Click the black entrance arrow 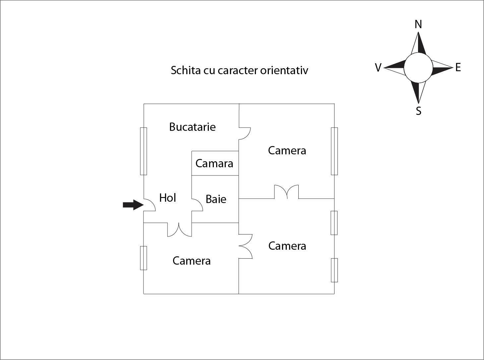133,205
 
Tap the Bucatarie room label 193,127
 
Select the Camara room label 214,164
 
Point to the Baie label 216,199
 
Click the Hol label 168,198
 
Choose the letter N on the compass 418,24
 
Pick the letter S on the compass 418,111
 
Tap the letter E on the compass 458,67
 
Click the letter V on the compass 378,68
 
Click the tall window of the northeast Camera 334,151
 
